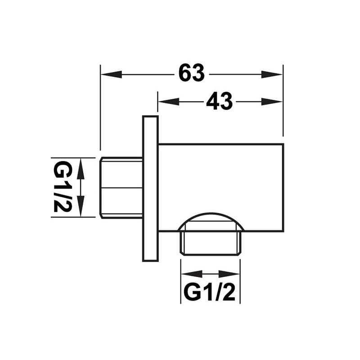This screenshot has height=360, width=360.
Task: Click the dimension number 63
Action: [x=192, y=72]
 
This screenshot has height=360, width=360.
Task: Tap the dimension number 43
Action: [x=219, y=101]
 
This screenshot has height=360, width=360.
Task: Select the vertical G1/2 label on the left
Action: [x=63, y=187]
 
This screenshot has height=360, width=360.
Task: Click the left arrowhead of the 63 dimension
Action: [x=111, y=74]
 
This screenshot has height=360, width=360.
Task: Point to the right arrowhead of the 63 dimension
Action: [x=272, y=74]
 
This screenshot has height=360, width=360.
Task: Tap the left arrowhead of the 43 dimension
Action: [x=169, y=102]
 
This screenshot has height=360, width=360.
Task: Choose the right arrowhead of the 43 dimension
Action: [x=272, y=102]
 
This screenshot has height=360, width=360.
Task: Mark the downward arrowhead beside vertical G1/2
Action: [x=81, y=206]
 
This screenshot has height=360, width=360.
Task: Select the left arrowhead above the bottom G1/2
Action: [x=192, y=274]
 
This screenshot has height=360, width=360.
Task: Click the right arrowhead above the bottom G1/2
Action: [x=229, y=274]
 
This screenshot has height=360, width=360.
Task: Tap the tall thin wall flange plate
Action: [x=150, y=189]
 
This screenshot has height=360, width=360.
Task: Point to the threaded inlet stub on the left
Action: [x=121, y=188]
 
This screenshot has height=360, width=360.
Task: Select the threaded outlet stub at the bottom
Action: [x=211, y=243]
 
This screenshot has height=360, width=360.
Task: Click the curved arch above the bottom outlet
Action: [x=211, y=214]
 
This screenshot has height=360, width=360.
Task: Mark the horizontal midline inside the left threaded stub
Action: [x=121, y=188]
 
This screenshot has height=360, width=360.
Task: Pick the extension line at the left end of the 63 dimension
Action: [x=100, y=108]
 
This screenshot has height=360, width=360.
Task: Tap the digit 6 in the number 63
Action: [x=184, y=72]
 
